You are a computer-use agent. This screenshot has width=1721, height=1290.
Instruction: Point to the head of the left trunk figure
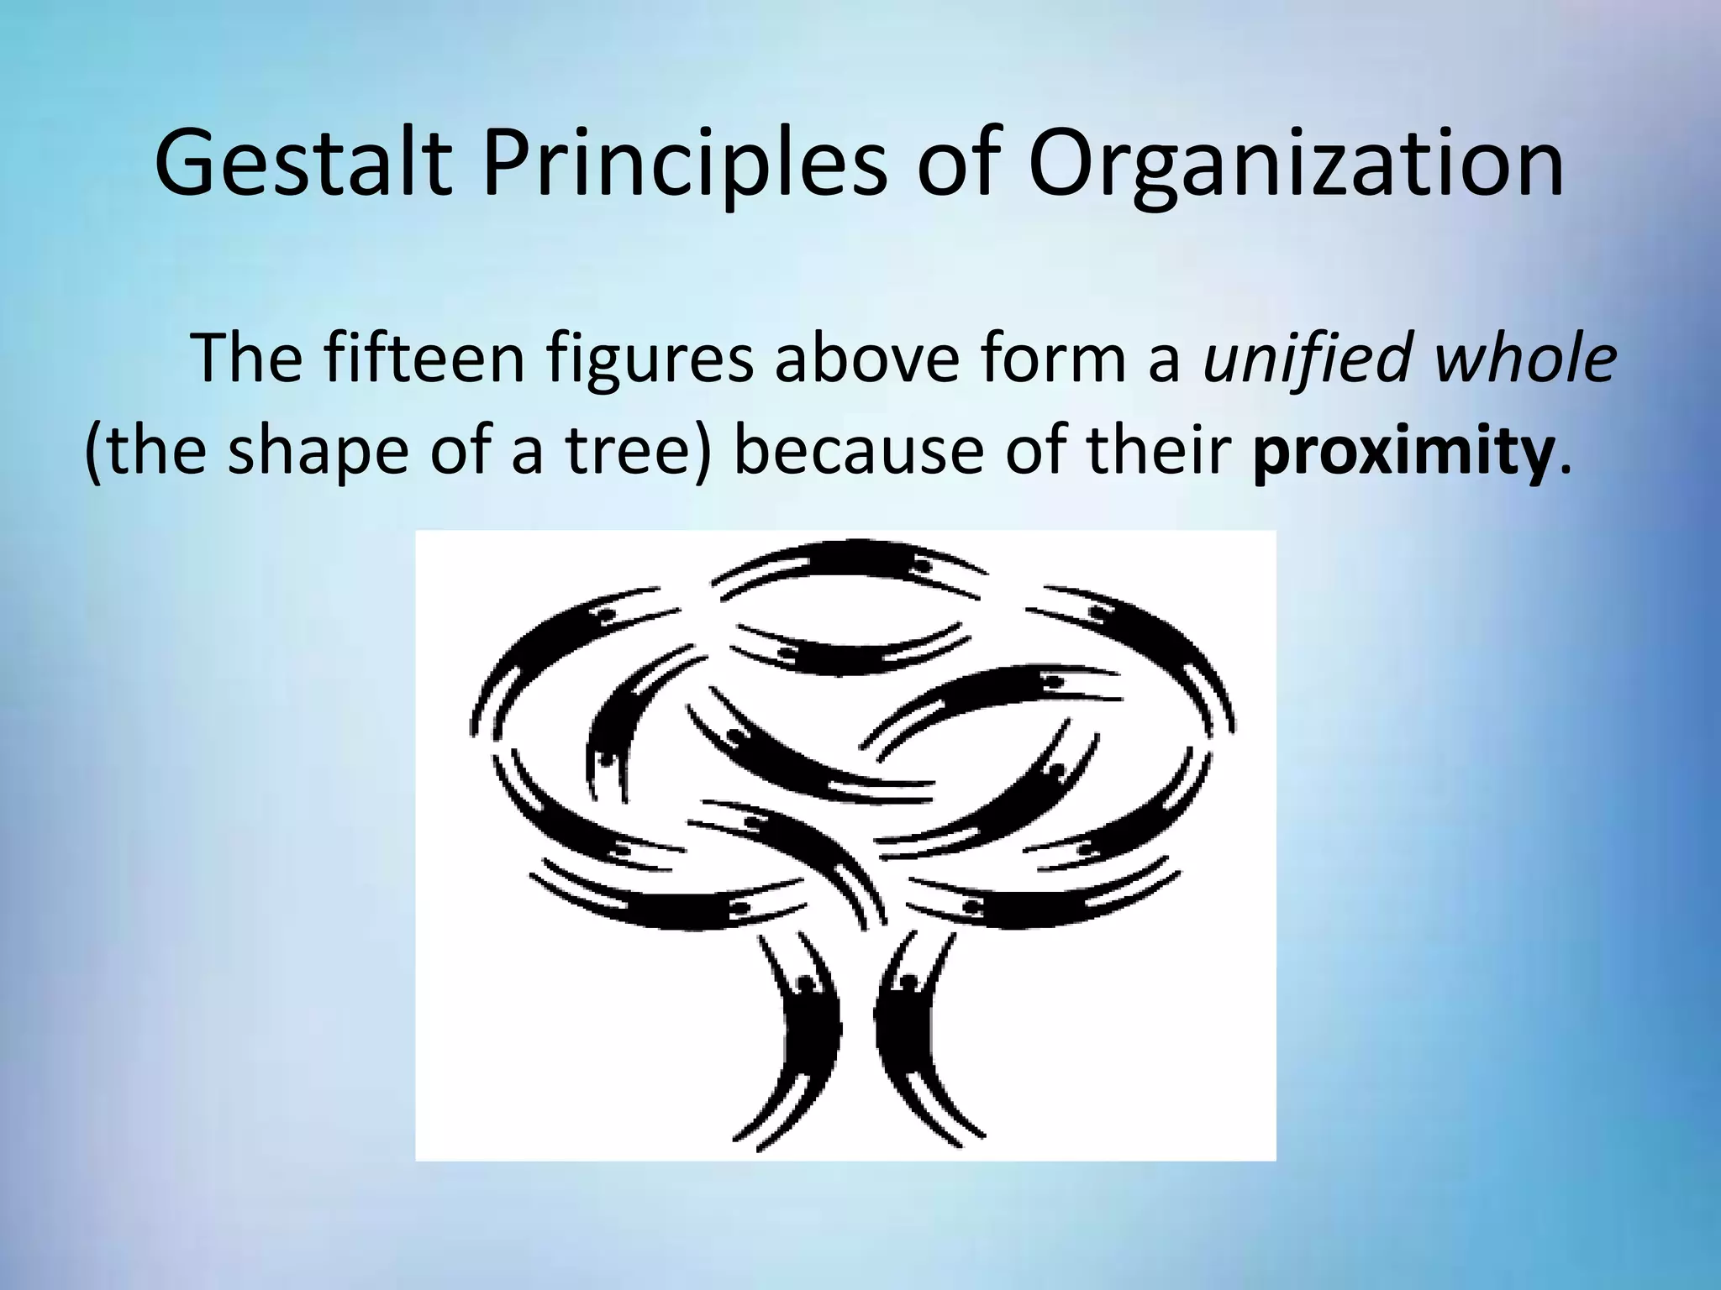click(806, 983)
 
